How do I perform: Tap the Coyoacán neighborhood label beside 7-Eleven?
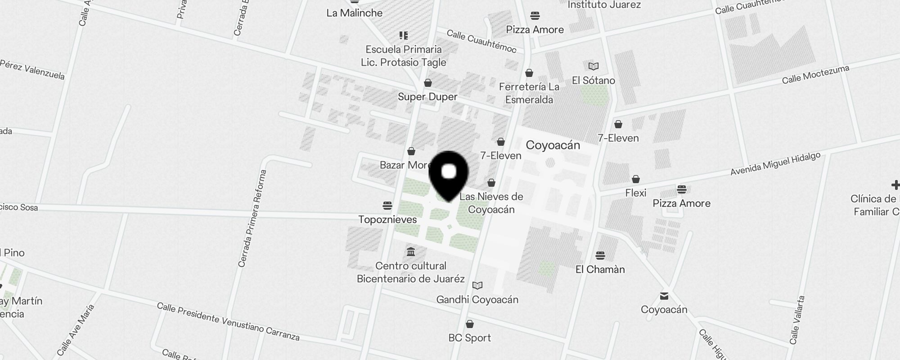click(x=553, y=145)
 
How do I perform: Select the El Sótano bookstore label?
click(x=593, y=81)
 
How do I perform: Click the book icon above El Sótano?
click(x=594, y=67)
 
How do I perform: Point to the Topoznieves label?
click(x=387, y=220)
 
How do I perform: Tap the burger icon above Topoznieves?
click(x=387, y=206)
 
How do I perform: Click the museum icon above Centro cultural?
click(x=410, y=252)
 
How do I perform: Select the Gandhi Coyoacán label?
click(x=477, y=300)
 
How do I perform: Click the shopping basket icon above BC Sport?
click(x=469, y=324)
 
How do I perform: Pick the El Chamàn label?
click(x=600, y=270)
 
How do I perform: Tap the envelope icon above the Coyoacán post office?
click(x=664, y=296)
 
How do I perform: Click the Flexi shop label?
click(x=635, y=193)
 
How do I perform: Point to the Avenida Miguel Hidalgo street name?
click(x=775, y=164)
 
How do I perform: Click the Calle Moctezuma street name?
click(x=815, y=74)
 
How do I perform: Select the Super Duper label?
click(x=427, y=97)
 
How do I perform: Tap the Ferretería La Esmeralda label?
click(x=529, y=93)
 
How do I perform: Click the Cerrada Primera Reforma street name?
click(x=252, y=218)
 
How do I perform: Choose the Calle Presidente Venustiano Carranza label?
click(x=228, y=321)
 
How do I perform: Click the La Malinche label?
click(x=355, y=13)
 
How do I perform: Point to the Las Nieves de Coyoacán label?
click(x=491, y=203)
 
